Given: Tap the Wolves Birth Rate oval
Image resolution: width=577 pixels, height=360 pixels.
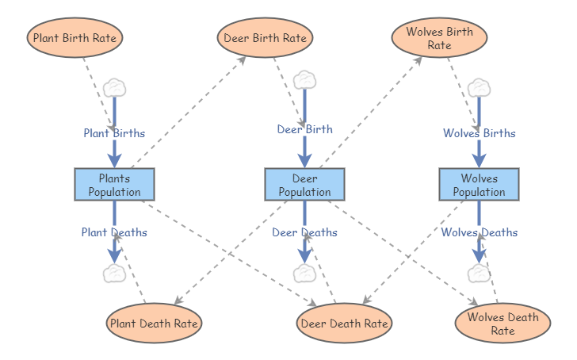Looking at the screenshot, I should [x=439, y=37].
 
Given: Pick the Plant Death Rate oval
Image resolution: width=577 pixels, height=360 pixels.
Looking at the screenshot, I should [x=154, y=324].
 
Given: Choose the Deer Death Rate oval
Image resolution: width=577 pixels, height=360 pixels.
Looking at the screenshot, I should [x=344, y=324].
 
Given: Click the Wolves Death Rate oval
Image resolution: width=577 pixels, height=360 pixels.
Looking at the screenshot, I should [x=502, y=324].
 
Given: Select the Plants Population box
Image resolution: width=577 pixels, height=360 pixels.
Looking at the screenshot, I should [x=114, y=185].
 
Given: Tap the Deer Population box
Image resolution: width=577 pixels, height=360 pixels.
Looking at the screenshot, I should [x=304, y=185].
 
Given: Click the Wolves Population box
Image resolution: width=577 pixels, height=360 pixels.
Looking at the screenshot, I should [x=479, y=185].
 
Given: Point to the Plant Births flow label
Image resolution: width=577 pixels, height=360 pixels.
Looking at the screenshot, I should [x=114, y=133].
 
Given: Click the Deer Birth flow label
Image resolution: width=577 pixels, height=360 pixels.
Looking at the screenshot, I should [x=304, y=129].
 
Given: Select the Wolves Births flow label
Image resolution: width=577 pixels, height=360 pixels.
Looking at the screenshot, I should [x=479, y=133].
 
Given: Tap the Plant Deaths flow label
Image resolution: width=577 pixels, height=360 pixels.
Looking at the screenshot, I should [x=114, y=232].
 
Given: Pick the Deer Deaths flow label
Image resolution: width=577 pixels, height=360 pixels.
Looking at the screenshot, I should [x=304, y=232].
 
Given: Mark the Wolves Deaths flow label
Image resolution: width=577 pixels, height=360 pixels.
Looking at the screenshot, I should [x=479, y=232].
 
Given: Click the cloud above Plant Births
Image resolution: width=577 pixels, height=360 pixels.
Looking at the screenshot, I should [x=115, y=87].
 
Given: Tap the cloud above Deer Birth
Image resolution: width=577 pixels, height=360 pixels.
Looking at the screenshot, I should [x=305, y=80].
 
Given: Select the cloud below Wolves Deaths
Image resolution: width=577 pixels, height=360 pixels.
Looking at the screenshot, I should [x=479, y=274].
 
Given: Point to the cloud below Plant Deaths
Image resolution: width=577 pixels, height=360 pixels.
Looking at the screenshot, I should [x=115, y=274].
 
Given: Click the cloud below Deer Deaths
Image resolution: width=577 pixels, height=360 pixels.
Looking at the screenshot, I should [x=305, y=274].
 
